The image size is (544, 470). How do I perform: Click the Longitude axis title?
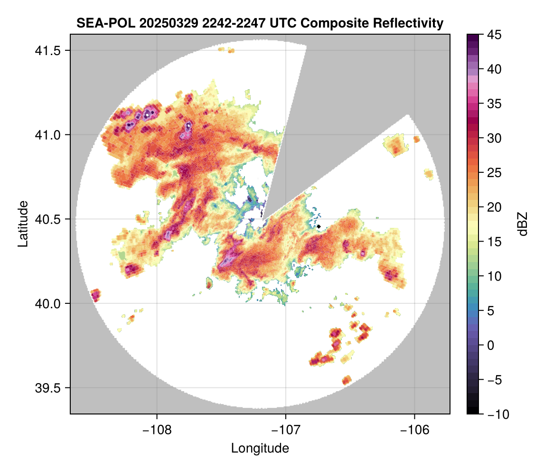[x=260, y=448]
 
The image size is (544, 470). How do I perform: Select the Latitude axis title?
[x=22, y=224]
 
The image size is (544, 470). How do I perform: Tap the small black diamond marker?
[x=319, y=226]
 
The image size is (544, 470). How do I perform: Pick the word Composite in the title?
[x=330, y=23]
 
